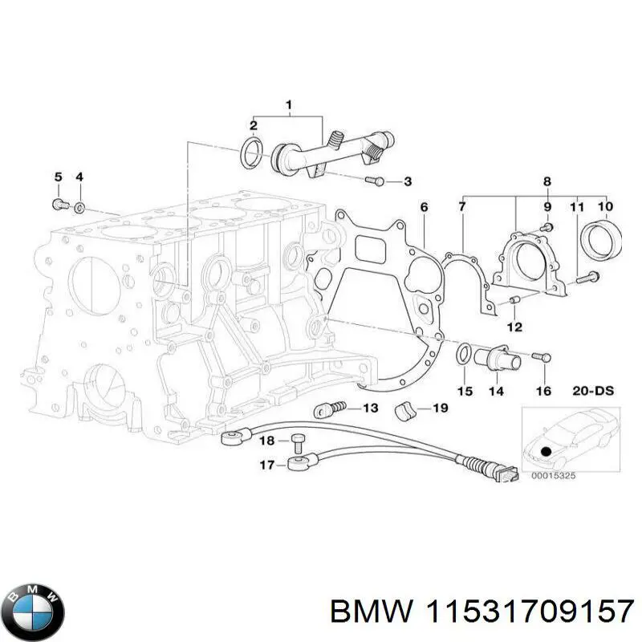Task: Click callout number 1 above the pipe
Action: click(289, 104)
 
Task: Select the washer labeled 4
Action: click(80, 208)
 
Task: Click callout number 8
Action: click(547, 182)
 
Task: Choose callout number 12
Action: click(514, 327)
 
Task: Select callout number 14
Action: click(496, 391)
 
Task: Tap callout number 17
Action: click(265, 464)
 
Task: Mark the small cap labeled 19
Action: click(407, 411)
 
